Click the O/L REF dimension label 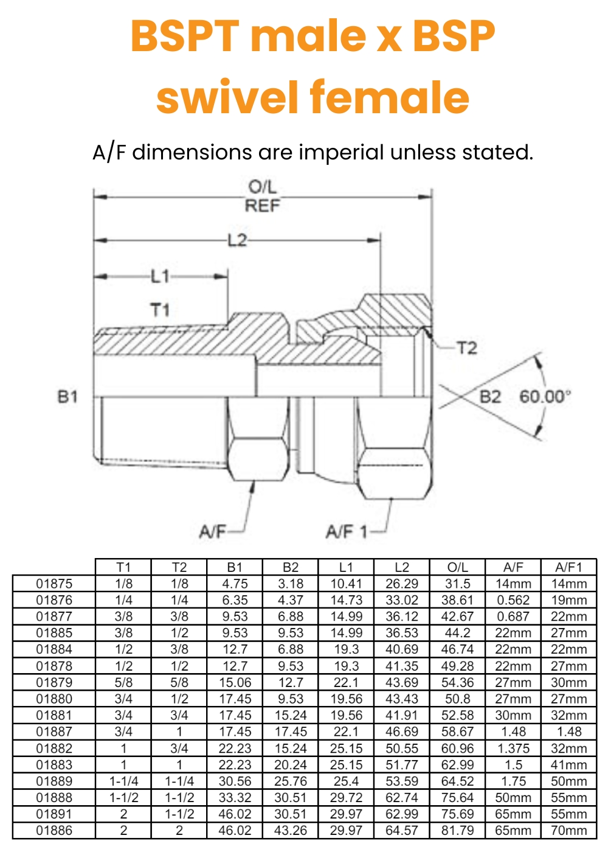(263, 196)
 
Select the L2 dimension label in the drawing (237, 240)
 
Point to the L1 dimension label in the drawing (160, 277)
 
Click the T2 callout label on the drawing (466, 348)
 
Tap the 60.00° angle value (545, 397)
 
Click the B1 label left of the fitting (67, 397)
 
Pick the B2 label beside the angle (491, 397)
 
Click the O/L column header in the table (457, 567)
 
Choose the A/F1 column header (568, 567)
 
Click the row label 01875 (54, 584)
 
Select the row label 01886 (54, 831)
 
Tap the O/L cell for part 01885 (457, 633)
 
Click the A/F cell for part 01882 (513, 749)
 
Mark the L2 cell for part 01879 (402, 683)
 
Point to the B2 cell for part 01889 (291, 781)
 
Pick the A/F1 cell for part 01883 (568, 765)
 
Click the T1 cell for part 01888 (123, 798)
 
